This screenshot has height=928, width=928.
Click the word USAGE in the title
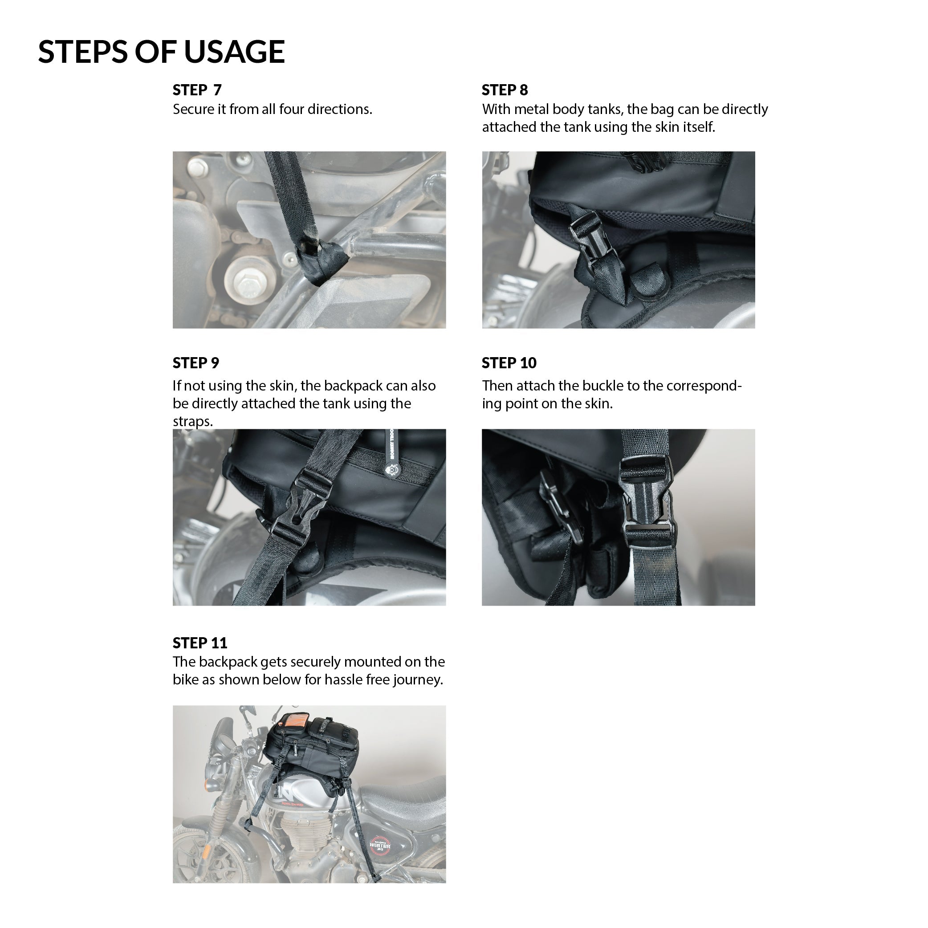234,51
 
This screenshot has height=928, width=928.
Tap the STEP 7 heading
197,90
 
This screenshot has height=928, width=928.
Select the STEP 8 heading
505,90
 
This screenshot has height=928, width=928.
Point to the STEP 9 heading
196,362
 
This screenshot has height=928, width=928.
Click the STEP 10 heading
509,362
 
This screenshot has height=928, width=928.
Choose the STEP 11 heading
200,643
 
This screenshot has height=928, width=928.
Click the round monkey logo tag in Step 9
393,470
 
